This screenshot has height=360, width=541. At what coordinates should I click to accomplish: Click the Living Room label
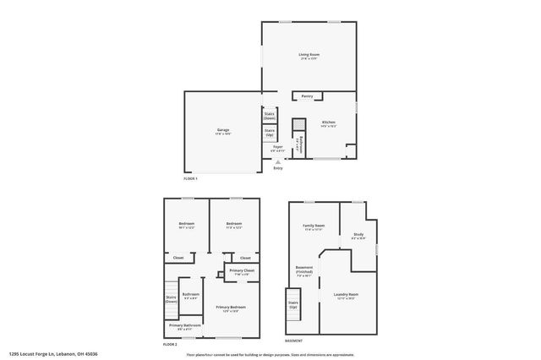308,55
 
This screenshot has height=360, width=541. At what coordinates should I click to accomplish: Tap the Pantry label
307,96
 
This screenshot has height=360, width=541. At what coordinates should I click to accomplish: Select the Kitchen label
328,123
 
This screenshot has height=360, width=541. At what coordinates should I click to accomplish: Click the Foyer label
277,147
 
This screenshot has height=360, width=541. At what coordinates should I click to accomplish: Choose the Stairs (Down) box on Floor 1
270,115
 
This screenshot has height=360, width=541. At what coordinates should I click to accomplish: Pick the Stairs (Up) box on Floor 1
270,132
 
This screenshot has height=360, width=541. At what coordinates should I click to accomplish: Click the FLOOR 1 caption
190,178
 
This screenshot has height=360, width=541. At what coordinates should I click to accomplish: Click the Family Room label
314,226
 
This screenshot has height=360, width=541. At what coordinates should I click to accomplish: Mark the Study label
358,236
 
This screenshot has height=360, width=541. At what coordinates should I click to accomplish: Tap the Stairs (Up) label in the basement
293,303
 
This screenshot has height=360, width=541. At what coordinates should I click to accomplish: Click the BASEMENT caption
293,341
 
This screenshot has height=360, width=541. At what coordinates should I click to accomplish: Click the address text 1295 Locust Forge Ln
41,354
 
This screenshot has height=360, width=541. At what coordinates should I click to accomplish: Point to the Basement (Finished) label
304,270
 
